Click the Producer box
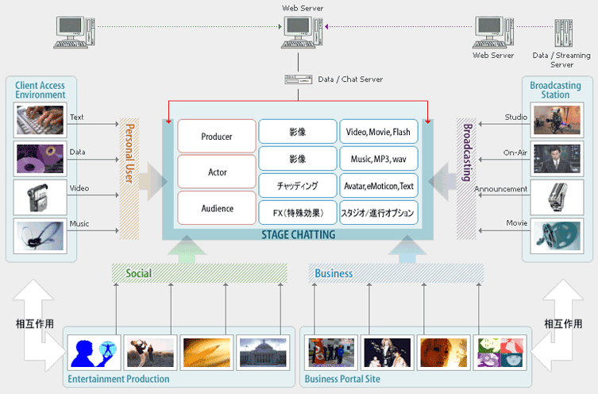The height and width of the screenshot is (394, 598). point(217,136)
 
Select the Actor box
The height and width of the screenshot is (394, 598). point(217,172)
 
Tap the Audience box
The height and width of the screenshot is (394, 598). point(217,208)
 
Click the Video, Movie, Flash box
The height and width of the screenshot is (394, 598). point(378,132)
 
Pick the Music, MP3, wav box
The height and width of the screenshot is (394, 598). point(378,159)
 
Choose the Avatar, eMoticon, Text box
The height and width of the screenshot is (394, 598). point(378,186)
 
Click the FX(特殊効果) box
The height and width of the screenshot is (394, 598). point(298,213)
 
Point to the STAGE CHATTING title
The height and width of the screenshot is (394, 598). point(299,234)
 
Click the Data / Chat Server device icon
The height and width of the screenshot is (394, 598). point(299,79)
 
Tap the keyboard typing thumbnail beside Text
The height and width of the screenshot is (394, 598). point(40,120)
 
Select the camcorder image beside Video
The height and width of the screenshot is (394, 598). point(40,198)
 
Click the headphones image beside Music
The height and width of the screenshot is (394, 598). point(40,236)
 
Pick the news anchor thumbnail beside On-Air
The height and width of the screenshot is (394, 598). point(557,159)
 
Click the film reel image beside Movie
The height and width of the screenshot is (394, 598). point(557,236)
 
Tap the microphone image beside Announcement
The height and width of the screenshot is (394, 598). point(557,198)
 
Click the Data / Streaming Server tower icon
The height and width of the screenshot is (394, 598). point(563,33)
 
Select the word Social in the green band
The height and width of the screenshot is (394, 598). point(139,273)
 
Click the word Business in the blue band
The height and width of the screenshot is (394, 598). point(334,273)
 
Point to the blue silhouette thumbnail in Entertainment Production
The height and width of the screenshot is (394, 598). point(95,353)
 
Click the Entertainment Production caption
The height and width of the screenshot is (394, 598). point(118,379)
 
